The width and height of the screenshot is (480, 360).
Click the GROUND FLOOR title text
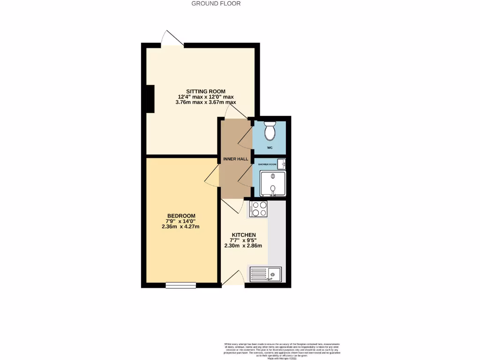(x=216, y=4)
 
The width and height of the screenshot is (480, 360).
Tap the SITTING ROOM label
(x=206, y=91)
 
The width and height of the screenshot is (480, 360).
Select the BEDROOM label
(x=181, y=216)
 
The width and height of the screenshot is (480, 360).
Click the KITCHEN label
(x=244, y=235)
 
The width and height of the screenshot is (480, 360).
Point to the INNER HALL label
(x=236, y=159)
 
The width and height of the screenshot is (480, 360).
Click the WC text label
(x=270, y=148)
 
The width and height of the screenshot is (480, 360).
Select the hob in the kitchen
(x=259, y=209)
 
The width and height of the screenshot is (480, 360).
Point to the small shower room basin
(x=281, y=164)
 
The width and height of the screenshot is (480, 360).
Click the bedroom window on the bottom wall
(x=180, y=285)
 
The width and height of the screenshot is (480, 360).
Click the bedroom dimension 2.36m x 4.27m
(x=181, y=227)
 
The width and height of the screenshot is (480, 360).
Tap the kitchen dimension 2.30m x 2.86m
(x=243, y=246)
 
